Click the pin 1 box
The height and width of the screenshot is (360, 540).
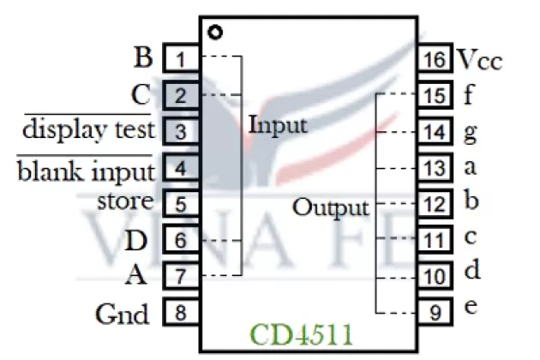pyautogui.click(x=180, y=59)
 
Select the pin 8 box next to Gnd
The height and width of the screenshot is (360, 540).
pyautogui.click(x=180, y=313)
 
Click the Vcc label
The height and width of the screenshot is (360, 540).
pyautogui.click(x=478, y=60)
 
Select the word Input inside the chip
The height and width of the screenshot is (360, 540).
pyautogui.click(x=278, y=125)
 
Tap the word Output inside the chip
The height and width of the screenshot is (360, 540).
pyautogui.click(x=331, y=207)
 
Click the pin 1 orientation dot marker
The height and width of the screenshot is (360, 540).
pyautogui.click(x=215, y=33)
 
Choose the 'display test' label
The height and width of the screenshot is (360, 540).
pyautogui.click(x=88, y=129)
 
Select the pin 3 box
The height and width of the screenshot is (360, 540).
pyautogui.click(x=180, y=131)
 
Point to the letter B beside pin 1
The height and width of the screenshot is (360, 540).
pyautogui.click(x=143, y=58)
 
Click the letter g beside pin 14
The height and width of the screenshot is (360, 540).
pyautogui.click(x=469, y=133)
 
